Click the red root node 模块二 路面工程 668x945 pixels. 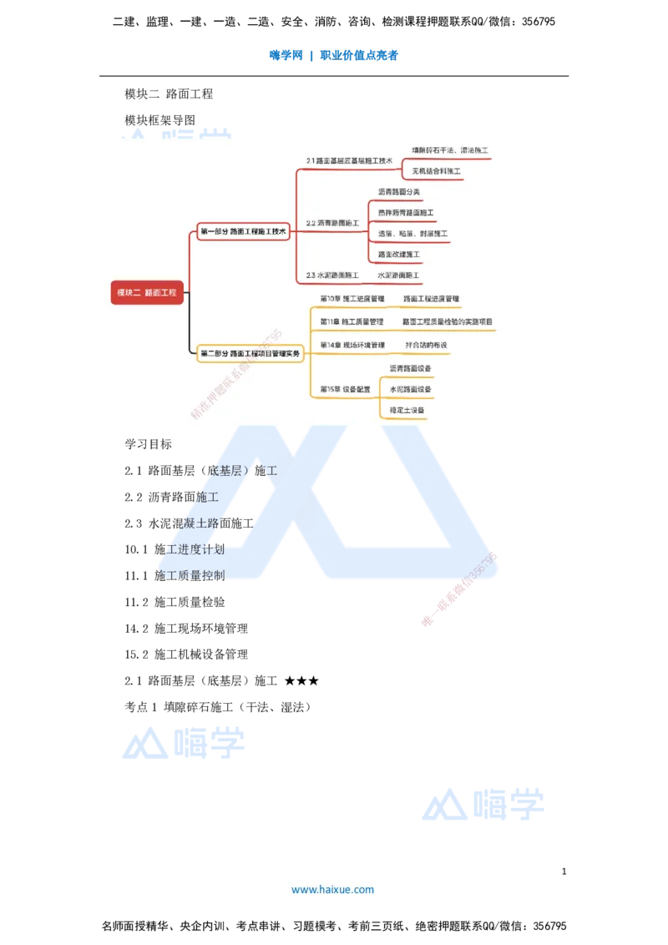click(147, 292)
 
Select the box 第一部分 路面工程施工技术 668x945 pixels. click(243, 231)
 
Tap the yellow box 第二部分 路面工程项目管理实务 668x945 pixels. click(250, 354)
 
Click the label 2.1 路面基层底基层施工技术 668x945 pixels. click(349, 160)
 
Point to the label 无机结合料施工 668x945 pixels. click(436, 171)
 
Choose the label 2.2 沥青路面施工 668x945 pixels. click(332, 223)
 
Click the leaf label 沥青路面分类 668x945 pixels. click(399, 192)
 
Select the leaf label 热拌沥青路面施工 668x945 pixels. click(406, 213)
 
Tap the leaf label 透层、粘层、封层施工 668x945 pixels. click(412, 234)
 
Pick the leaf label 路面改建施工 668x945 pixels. click(399, 254)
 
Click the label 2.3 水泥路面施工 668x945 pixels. click(332, 275)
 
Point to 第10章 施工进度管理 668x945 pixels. click(352, 298)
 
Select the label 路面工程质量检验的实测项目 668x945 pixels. click(448, 321)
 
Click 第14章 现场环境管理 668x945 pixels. click(352, 345)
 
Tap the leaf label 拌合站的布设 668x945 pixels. click(427, 345)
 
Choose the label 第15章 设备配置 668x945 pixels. click(346, 389)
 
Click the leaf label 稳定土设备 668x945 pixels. click(407, 410)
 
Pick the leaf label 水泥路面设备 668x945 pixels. click(410, 389)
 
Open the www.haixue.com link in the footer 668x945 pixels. click(332, 890)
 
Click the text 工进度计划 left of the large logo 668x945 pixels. click(195, 550)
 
